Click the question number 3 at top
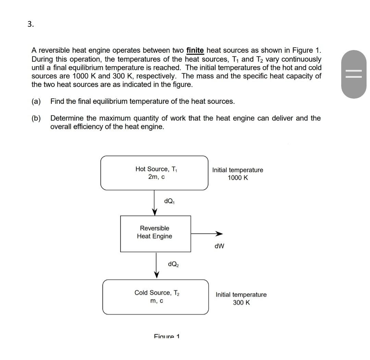pos(30,24)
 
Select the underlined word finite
pos(195,51)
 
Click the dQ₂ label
pos(173,264)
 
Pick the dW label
pos(219,246)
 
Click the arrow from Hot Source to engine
pos(155,202)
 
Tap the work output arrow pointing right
pos(207,234)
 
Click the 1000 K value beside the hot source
pos(238,178)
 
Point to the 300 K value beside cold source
pos(241,302)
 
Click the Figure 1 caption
pos(167,336)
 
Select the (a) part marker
pos(36,101)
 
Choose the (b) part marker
pos(36,118)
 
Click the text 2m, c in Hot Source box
pos(156,177)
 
